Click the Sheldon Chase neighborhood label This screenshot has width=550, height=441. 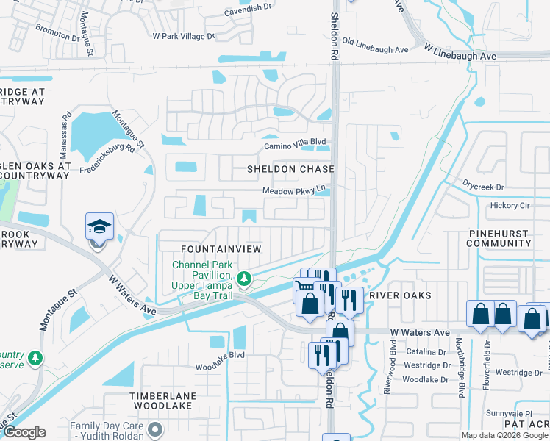pyautogui.click(x=290, y=169)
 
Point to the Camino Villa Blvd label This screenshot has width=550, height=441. pyautogui.click(x=295, y=146)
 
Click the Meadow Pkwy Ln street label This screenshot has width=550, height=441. pyautogui.click(x=294, y=191)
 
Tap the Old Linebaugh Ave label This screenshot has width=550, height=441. pyautogui.click(x=375, y=49)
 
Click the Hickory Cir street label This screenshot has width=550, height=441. pyautogui.click(x=510, y=206)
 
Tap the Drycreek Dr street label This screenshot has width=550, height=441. pyautogui.click(x=483, y=187)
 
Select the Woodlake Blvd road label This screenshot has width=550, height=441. pyautogui.click(x=219, y=365)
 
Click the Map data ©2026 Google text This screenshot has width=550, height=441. pyautogui.click(x=504, y=435)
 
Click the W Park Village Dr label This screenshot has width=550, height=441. pyautogui.click(x=183, y=35)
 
